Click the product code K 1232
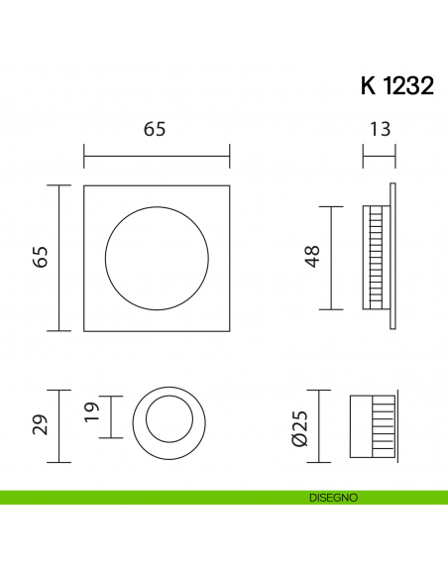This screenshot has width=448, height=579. pos(396,86)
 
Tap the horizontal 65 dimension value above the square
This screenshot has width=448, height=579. pos(155,129)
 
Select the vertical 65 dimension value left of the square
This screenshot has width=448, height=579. pos(40,258)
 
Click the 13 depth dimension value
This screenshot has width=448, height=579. pos(380,129)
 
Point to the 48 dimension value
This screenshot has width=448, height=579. pos(312,258)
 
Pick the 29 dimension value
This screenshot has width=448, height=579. pos(40,424)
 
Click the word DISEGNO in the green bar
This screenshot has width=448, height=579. pos(332,498)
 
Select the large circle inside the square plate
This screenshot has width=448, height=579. pos(157,258)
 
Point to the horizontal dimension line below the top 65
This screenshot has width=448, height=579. pos(157,156)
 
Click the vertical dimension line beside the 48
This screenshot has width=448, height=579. pos(331,258)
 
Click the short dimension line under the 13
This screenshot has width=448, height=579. pos(379,155)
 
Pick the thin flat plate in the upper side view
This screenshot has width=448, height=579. pos(393,258)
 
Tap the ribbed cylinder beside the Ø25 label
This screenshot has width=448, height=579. pos(373,424)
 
